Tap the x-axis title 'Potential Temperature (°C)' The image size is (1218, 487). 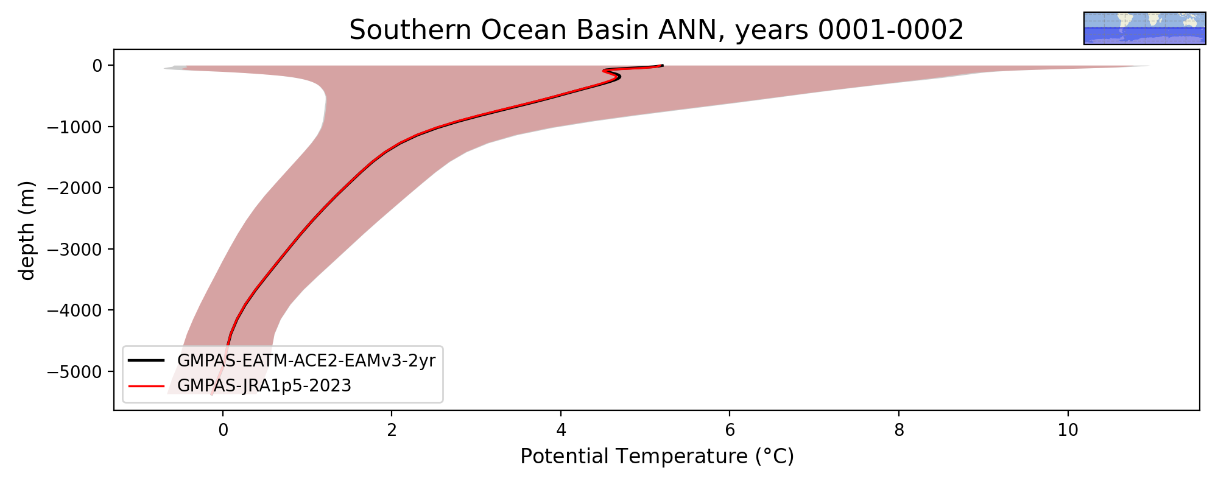point(657,456)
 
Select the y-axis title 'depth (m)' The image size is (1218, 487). point(27,230)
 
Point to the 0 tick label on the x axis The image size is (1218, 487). point(223,430)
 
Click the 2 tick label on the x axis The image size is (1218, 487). point(392,430)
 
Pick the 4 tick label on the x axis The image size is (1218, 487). point(561,430)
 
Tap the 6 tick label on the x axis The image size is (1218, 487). point(730,430)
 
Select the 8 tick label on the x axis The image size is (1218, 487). point(899,430)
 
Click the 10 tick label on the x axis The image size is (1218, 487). point(1068,430)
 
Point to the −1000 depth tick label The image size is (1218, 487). point(76,127)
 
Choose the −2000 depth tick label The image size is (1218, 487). point(76,188)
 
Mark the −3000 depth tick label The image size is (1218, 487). point(76,249)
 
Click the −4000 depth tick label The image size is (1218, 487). point(76,310)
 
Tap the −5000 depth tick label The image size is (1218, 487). point(76,371)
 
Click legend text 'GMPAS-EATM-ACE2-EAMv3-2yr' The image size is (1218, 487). point(306,361)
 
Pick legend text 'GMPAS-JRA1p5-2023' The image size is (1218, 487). point(264,386)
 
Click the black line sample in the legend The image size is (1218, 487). point(146,360)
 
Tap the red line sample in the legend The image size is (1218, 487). point(146,385)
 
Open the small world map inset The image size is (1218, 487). point(1145,28)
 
